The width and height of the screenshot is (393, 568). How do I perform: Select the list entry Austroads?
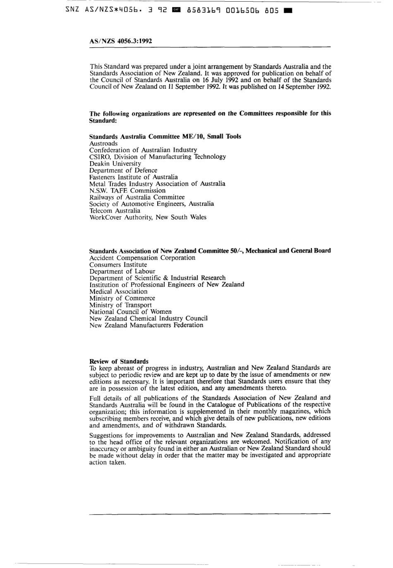(103, 143)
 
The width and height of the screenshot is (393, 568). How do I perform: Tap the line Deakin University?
(115, 164)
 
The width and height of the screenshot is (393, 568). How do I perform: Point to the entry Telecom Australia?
(115, 210)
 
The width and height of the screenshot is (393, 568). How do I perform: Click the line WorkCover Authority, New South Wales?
(148, 217)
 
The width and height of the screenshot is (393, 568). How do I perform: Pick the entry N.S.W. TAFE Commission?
(127, 191)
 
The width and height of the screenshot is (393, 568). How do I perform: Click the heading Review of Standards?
(119, 361)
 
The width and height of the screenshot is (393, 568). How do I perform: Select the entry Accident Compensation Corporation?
(142, 258)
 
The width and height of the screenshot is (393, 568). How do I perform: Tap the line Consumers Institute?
(118, 265)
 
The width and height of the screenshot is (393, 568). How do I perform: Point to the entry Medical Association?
(118, 291)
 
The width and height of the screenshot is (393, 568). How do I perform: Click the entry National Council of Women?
(130, 312)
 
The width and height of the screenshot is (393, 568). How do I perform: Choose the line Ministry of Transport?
(120, 305)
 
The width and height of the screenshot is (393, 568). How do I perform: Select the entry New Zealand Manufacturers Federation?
(146, 325)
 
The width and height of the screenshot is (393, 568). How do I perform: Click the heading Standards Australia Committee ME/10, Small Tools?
(165, 136)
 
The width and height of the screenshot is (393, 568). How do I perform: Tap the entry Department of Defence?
(123, 170)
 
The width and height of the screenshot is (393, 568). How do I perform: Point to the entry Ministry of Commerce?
(122, 298)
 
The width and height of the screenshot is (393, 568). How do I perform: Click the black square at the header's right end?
(288, 11)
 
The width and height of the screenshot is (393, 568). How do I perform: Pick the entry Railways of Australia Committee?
(137, 197)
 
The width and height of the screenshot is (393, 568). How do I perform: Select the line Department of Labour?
(122, 272)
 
